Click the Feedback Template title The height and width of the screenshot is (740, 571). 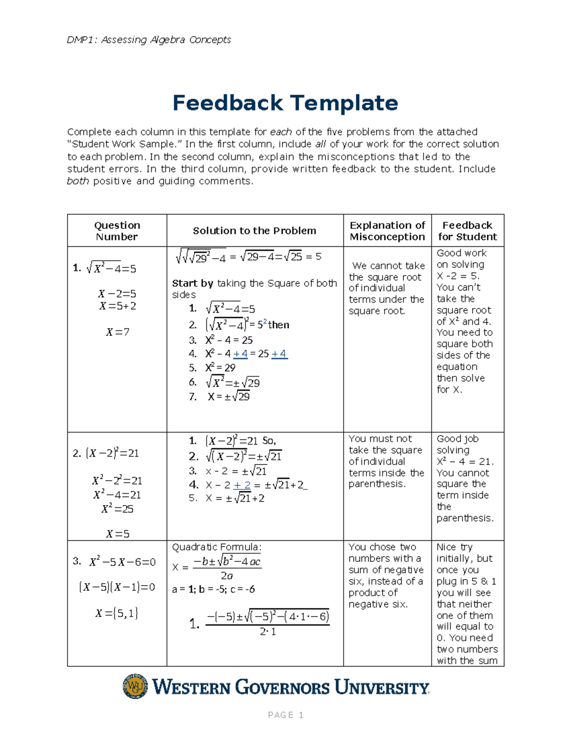point(285,103)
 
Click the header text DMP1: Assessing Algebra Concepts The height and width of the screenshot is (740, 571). point(148,40)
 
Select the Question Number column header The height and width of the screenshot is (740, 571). point(117,231)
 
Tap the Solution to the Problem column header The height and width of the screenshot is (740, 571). point(254,231)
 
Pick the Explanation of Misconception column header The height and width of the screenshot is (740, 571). point(387,231)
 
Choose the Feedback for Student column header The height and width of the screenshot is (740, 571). point(467,231)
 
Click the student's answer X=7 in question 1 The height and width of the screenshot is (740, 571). point(118,332)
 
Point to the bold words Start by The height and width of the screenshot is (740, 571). point(192,283)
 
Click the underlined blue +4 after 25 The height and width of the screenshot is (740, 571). point(279,354)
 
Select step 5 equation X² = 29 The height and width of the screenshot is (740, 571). point(220,368)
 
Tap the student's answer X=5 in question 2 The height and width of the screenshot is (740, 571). point(118,534)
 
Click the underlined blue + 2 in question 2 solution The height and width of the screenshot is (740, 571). point(242,485)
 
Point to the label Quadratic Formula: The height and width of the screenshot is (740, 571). point(217,547)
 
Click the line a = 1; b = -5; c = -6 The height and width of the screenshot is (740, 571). point(213,589)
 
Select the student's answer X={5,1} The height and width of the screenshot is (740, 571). point(117,613)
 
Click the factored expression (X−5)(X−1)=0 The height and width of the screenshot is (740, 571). point(117,587)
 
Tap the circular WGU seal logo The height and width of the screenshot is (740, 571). point(135,687)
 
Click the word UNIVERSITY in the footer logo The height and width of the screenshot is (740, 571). point(382,688)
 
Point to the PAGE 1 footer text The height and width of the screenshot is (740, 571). point(285,715)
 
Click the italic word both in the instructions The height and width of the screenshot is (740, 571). point(78,181)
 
